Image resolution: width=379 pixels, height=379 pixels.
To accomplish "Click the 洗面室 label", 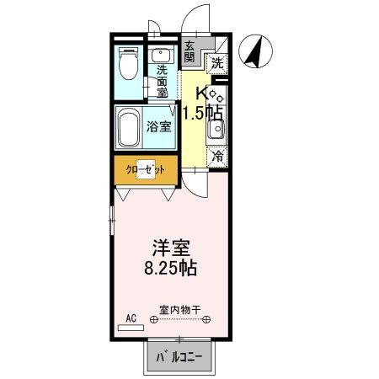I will pos(163,82).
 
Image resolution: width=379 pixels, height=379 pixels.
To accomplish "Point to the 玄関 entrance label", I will pos(189,52).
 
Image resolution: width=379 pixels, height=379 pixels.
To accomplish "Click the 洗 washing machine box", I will pos(217,61).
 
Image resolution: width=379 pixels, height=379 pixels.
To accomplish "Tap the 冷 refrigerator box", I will pos(217,156).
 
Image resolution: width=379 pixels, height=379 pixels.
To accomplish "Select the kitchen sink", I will pos(216,131).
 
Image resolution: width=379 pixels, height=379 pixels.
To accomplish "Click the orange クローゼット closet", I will pos(146,169).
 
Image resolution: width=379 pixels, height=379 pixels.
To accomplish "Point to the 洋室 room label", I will pos(170,249).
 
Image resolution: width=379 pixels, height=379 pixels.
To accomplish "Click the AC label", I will pos(131,317).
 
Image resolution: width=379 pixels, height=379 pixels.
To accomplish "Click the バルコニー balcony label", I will pos(179,357).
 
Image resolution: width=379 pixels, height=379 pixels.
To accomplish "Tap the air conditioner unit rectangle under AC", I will pos(131,325).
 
